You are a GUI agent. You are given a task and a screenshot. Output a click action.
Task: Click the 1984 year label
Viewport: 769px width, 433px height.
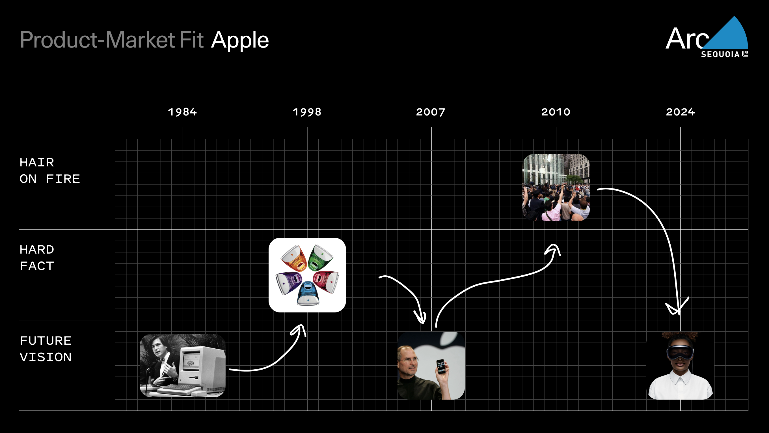point(182,112)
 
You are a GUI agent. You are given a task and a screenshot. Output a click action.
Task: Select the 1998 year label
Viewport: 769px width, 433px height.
point(307,112)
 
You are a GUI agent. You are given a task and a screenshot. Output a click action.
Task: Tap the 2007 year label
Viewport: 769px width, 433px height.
point(431,112)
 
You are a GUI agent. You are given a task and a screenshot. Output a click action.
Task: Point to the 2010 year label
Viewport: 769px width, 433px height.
point(556,112)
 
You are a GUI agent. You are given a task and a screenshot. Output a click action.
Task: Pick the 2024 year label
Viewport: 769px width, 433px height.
point(680,112)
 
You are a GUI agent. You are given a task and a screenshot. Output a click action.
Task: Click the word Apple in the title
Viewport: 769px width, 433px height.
point(240,40)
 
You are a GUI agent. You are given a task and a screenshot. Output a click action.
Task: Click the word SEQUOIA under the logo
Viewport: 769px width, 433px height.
point(720,54)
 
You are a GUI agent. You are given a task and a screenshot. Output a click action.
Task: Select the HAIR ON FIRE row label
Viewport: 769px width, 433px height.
point(50,171)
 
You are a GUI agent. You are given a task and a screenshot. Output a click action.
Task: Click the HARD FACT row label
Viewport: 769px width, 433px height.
point(37,258)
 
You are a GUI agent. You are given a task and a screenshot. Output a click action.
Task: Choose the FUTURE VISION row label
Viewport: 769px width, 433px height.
point(46,349)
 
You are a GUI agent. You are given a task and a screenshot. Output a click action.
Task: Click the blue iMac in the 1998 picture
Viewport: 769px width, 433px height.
point(308,293)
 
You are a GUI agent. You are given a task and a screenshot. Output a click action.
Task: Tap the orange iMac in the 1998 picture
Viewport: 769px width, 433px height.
point(294,258)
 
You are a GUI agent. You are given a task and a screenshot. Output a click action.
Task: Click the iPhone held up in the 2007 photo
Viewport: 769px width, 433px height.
point(441,367)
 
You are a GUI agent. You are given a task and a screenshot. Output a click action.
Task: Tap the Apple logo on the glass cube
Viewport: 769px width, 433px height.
point(543,170)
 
